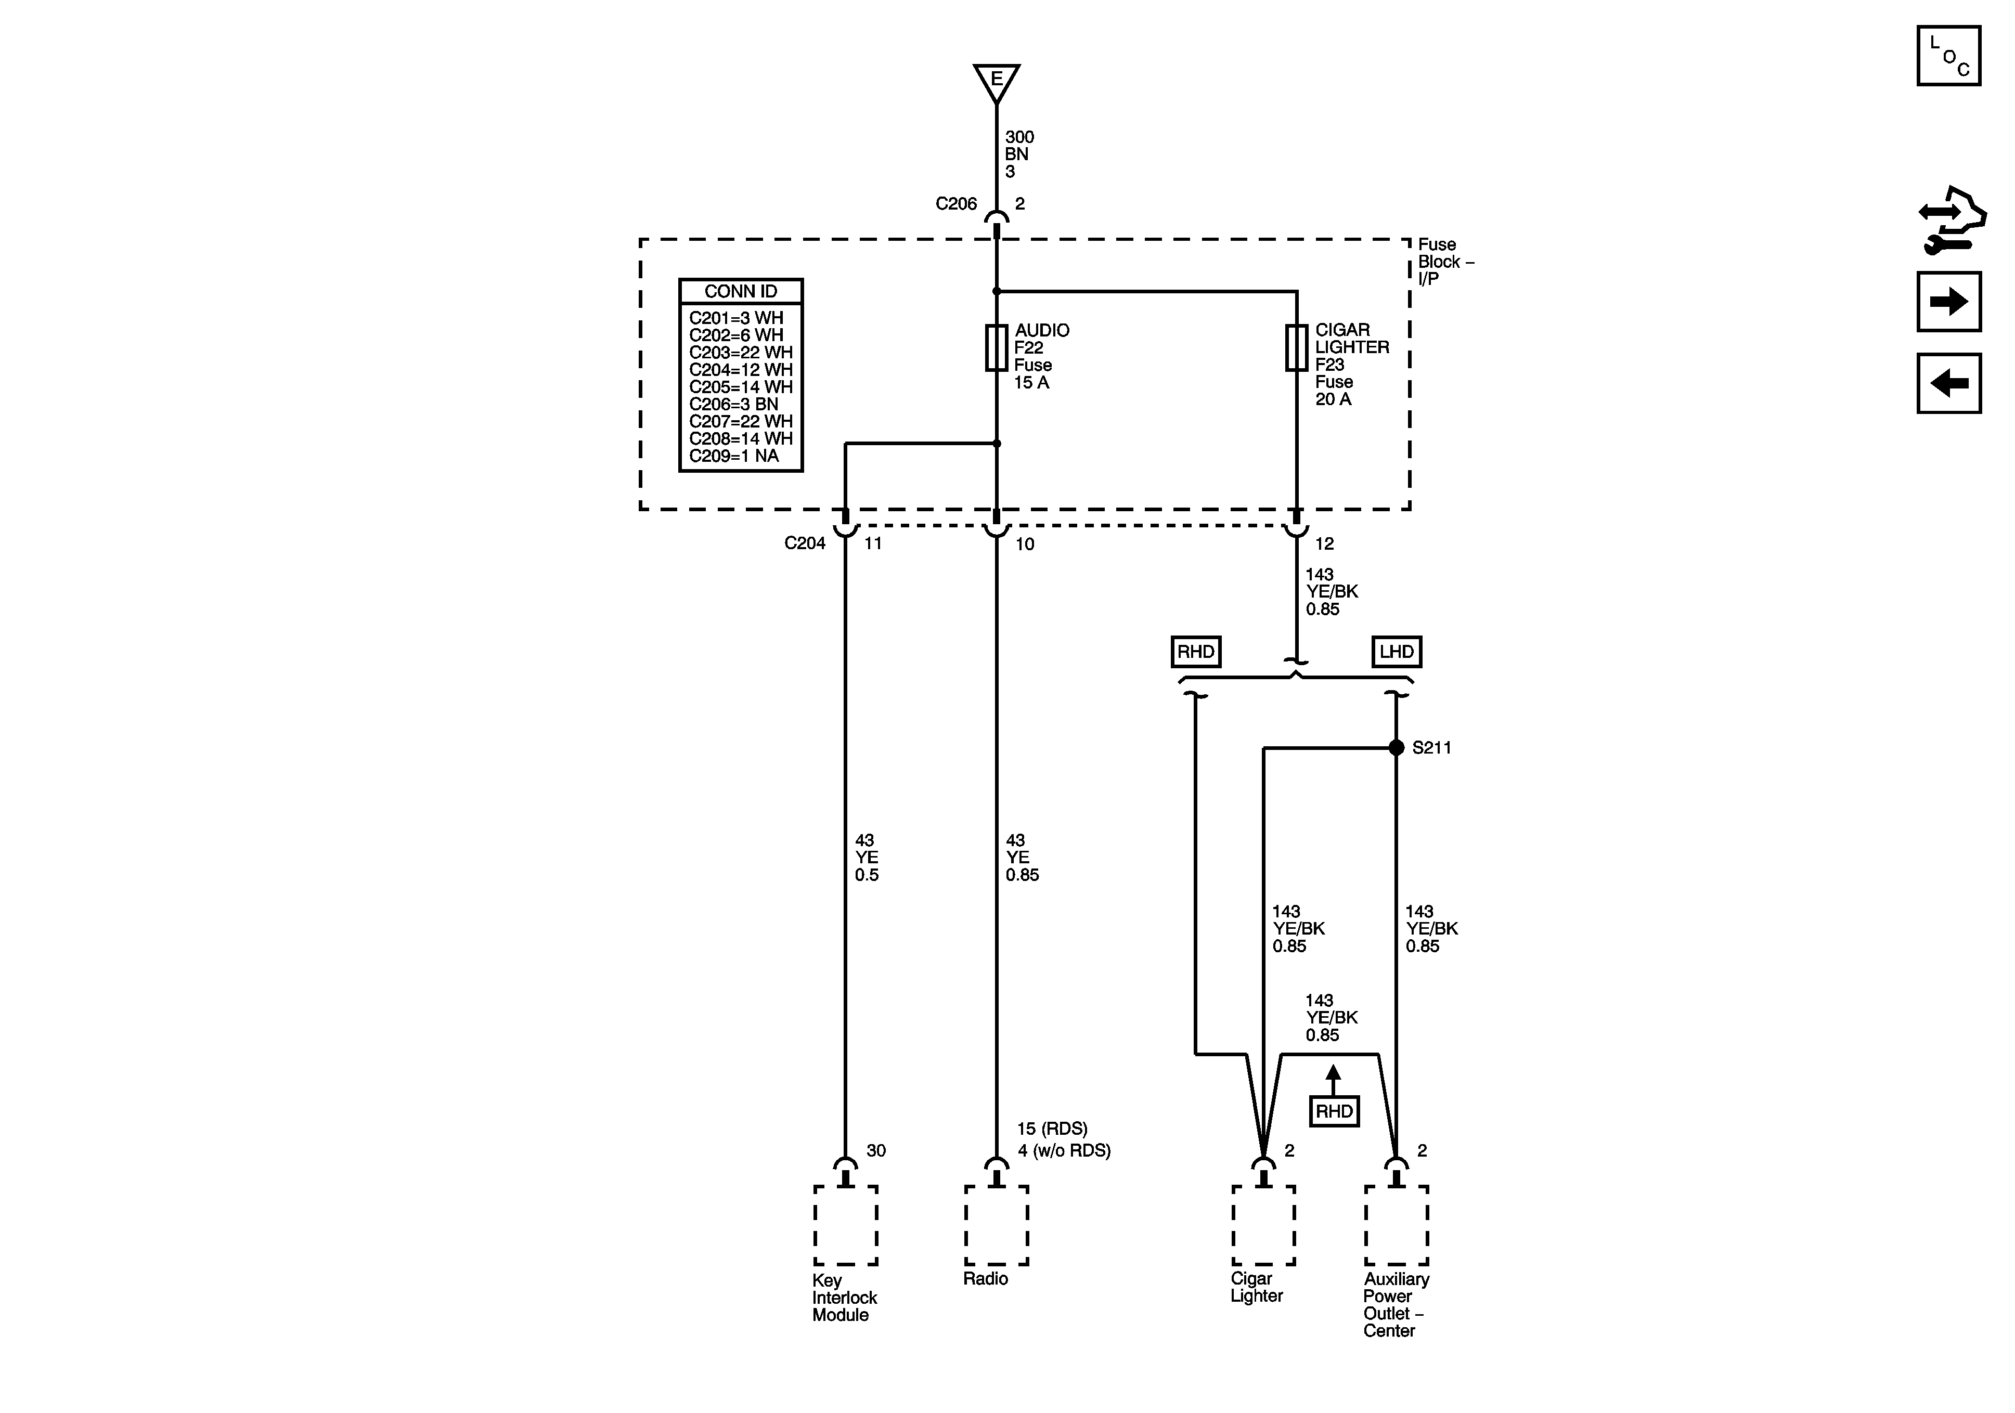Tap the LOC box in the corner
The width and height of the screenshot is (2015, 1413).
point(1948,56)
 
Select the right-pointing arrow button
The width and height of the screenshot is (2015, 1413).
point(1948,302)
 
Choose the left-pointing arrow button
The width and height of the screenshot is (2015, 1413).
point(1948,383)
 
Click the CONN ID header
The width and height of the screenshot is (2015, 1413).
point(741,291)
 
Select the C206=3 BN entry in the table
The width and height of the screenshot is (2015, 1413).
point(734,405)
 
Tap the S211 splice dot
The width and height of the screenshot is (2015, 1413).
point(1396,748)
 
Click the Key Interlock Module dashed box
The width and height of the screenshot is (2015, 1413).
point(845,1225)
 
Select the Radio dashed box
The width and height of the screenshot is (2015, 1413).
point(996,1225)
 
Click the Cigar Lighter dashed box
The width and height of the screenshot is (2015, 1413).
point(1263,1225)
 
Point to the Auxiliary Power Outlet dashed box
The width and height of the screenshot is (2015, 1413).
point(1396,1225)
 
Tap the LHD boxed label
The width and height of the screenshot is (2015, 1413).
point(1396,652)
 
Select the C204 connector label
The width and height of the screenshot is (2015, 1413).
point(805,543)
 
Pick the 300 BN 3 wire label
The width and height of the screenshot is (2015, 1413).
point(1019,154)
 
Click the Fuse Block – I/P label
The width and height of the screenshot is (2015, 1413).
point(1444,262)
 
